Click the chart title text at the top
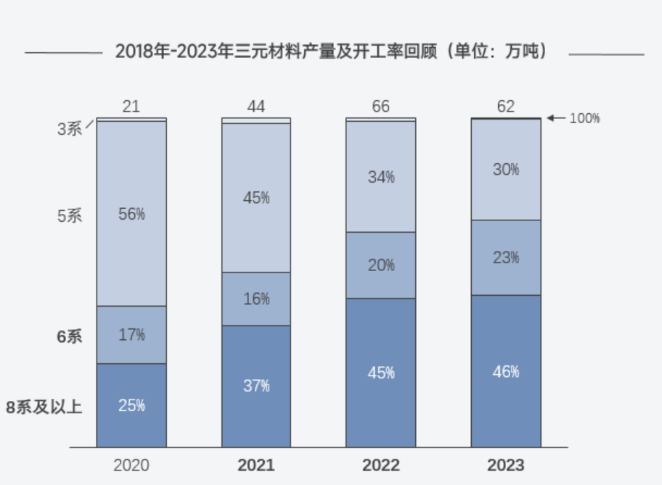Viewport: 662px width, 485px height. pos(331,52)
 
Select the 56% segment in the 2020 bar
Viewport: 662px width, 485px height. pos(131,214)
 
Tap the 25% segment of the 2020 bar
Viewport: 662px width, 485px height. pos(131,405)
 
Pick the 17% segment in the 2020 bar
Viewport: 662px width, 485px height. pos(131,334)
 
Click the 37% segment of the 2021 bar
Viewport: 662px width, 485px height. pos(256,386)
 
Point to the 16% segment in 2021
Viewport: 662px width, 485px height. pos(256,299)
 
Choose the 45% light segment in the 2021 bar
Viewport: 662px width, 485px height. pos(256,197)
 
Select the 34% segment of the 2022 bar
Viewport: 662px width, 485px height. pos(381,177)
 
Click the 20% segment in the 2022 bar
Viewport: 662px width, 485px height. pos(381,265)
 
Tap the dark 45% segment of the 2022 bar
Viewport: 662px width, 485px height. pos(381,373)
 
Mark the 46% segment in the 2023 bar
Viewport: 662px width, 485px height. pos(506,372)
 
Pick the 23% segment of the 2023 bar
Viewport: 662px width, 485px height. pos(506,257)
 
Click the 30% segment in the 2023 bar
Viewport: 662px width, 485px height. pos(506,170)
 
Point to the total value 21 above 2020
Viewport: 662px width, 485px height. pos(131,107)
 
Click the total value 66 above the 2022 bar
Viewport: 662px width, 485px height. pos(381,107)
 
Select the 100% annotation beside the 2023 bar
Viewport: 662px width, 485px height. pos(584,118)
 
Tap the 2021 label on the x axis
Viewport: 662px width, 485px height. pos(256,465)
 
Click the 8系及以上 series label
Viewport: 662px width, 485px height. pos(44,407)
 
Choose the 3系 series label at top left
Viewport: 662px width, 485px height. pos(70,129)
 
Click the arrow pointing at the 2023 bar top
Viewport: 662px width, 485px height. pos(555,117)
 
